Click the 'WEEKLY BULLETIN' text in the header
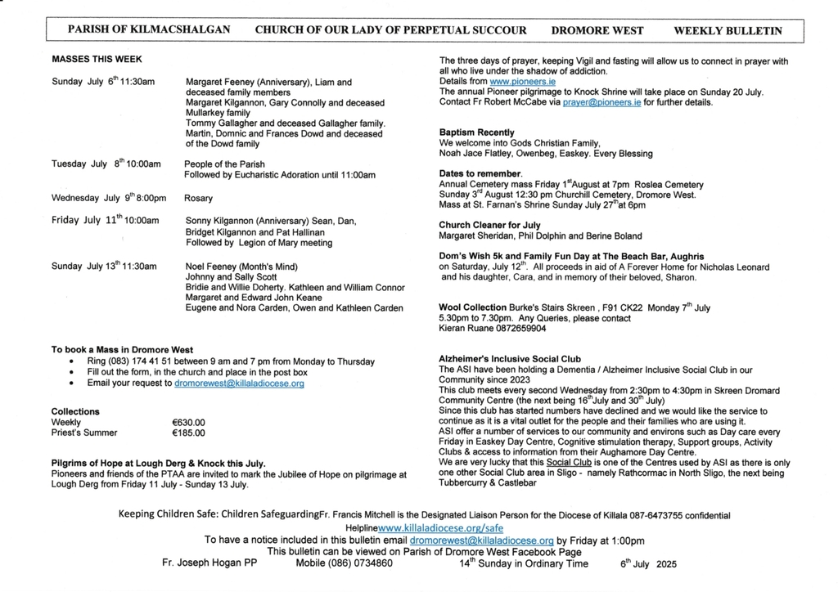pyautogui.click(x=728, y=31)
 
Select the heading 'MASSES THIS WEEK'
pyautogui.click(x=97, y=60)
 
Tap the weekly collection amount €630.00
pyautogui.click(x=188, y=423)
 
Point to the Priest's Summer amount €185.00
pyautogui.click(x=188, y=433)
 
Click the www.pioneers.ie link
pyautogui.click(x=511, y=83)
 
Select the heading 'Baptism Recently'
pyautogui.click(x=477, y=132)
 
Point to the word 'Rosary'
pyautogui.click(x=198, y=198)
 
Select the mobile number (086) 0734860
pyautogui.click(x=344, y=563)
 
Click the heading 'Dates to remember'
pyautogui.click(x=480, y=174)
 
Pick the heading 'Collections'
pyautogui.click(x=75, y=411)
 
